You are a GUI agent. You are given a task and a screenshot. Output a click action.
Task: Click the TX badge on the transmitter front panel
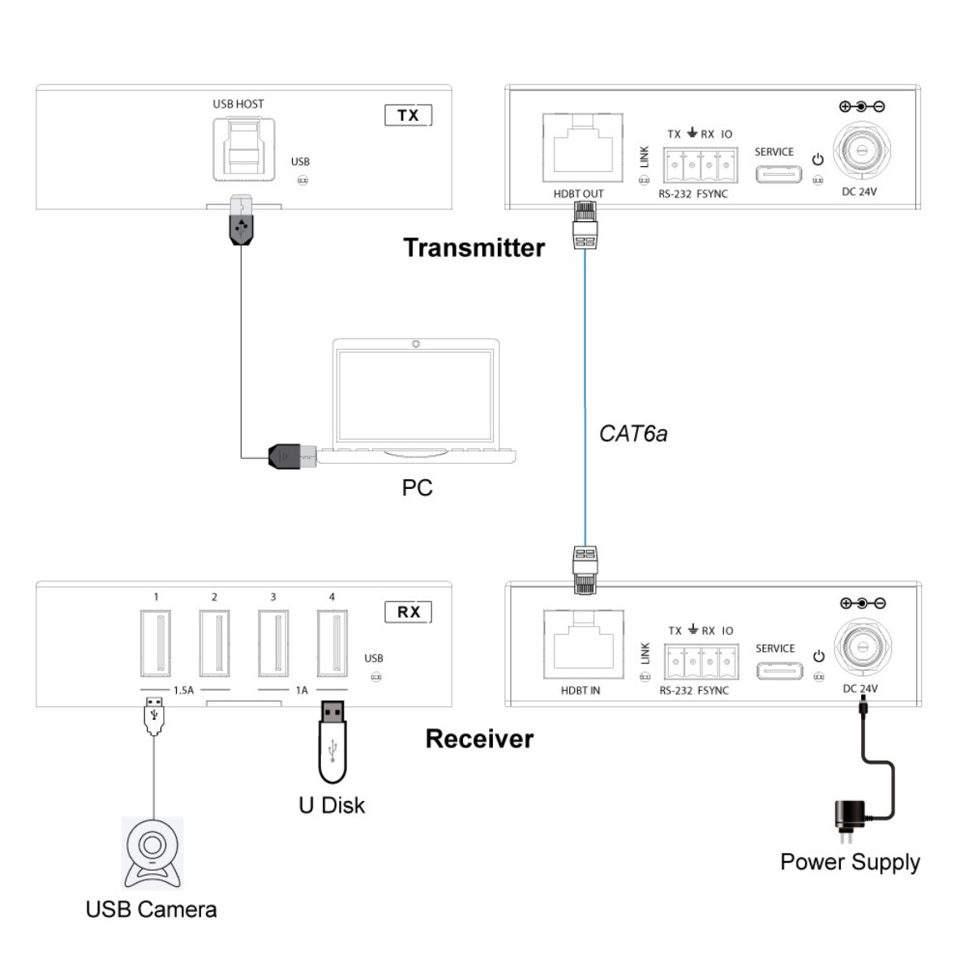408,115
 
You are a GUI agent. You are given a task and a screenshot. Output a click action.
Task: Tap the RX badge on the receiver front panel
408,611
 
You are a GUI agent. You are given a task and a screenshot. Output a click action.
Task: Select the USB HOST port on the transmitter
243,149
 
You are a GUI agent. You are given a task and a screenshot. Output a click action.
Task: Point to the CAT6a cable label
633,434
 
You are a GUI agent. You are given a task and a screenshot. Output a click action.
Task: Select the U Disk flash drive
332,742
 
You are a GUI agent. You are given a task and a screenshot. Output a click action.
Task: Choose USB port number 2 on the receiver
214,644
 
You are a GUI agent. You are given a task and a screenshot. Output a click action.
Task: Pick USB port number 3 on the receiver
273,644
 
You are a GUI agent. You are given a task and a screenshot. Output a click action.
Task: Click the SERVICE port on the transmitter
778,174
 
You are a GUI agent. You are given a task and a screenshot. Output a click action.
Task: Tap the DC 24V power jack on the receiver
861,648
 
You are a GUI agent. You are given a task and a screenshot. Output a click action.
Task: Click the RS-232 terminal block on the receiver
702,662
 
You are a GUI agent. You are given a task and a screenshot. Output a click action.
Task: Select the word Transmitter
474,247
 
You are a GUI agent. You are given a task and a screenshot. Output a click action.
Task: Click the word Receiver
479,739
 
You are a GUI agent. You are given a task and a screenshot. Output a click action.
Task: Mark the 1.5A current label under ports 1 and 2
183,691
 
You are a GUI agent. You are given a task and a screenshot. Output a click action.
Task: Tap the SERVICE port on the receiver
779,671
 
